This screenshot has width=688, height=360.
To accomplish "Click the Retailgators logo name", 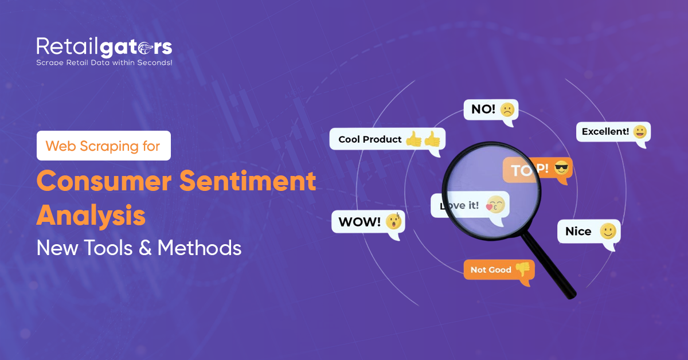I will point(104,46).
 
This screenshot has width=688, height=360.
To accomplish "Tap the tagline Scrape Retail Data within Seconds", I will point(104,62).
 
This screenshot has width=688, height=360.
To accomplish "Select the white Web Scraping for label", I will point(103,146).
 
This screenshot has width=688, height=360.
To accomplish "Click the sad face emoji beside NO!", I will point(507,109).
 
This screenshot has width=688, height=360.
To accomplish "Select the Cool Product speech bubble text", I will point(370,139).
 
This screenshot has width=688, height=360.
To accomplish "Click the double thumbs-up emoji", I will point(423,139).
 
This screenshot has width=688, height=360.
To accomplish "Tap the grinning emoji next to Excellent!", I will point(640,132).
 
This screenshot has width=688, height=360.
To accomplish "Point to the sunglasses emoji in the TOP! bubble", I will point(564,169).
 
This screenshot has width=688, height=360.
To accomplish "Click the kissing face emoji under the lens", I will point(495,205).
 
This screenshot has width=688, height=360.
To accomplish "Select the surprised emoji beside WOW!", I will point(393,221).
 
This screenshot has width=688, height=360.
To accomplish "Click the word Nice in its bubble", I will point(578,232).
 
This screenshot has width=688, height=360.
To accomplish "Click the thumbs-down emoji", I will point(522,269).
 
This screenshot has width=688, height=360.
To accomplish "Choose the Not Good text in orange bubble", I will point(491,270).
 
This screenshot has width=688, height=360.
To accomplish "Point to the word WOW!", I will point(359,222).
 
